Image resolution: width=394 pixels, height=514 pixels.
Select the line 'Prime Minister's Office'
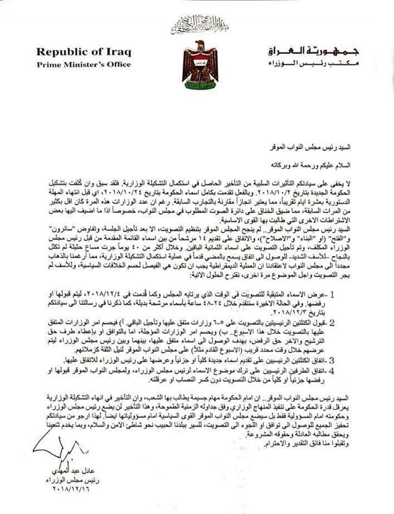(x=84, y=64)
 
